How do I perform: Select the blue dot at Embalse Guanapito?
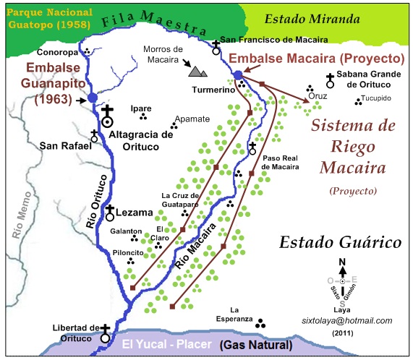[92, 98]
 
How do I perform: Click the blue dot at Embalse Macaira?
[238, 74]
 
